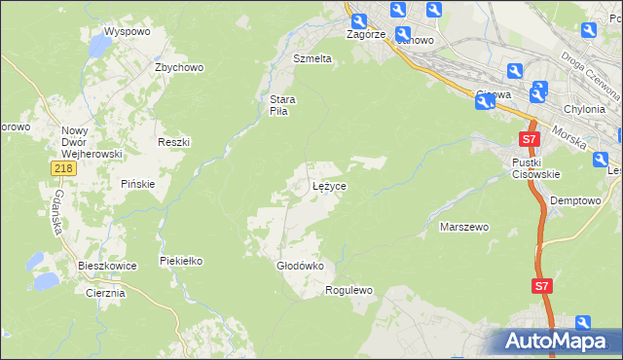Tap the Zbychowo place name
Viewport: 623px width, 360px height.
[x=178, y=68]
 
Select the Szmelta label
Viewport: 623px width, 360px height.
[x=312, y=58]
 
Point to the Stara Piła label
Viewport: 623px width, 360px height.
[x=282, y=104]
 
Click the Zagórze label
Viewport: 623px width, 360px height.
[x=367, y=33]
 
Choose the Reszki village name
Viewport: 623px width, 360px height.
[x=173, y=142]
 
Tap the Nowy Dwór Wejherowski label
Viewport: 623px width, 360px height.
[x=90, y=142]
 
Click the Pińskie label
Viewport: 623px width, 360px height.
[x=138, y=184]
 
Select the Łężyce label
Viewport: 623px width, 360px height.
[x=330, y=185]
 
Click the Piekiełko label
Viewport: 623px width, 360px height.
[x=180, y=261]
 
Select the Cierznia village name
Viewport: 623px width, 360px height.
[x=105, y=293]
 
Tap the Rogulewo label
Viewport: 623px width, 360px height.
[x=349, y=290]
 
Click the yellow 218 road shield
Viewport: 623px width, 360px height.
[x=62, y=169]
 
